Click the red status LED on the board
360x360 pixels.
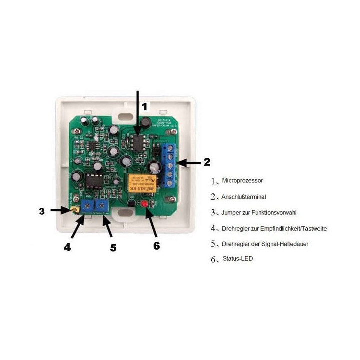[x=146, y=204]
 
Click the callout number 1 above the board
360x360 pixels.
[x=144, y=106]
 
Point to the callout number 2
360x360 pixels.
[x=207, y=162]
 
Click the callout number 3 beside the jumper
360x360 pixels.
[x=42, y=211]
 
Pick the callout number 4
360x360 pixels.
[x=67, y=247]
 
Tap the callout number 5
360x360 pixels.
[x=113, y=247]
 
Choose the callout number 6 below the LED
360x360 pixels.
[x=156, y=246]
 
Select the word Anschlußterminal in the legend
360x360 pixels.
[x=244, y=196]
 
